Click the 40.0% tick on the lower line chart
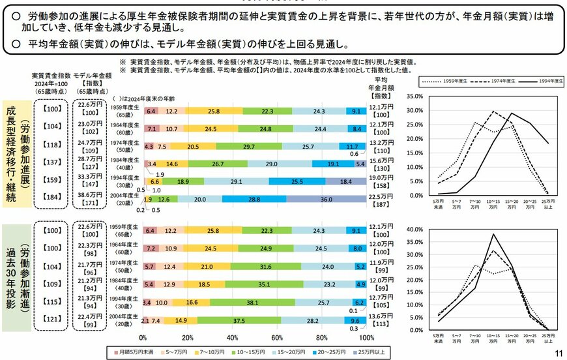415,230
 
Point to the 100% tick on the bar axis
366,338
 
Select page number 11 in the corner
558,352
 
